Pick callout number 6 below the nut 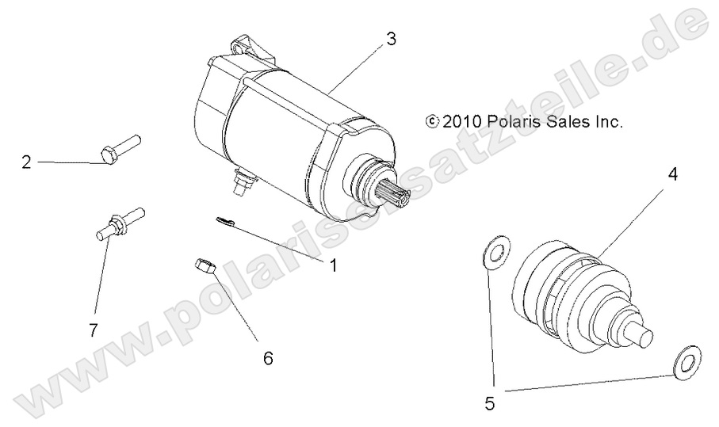pos(268,358)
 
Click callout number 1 pos(334,266)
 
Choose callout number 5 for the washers pos(489,403)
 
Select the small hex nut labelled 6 pos(203,266)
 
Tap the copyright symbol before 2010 pos(432,122)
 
